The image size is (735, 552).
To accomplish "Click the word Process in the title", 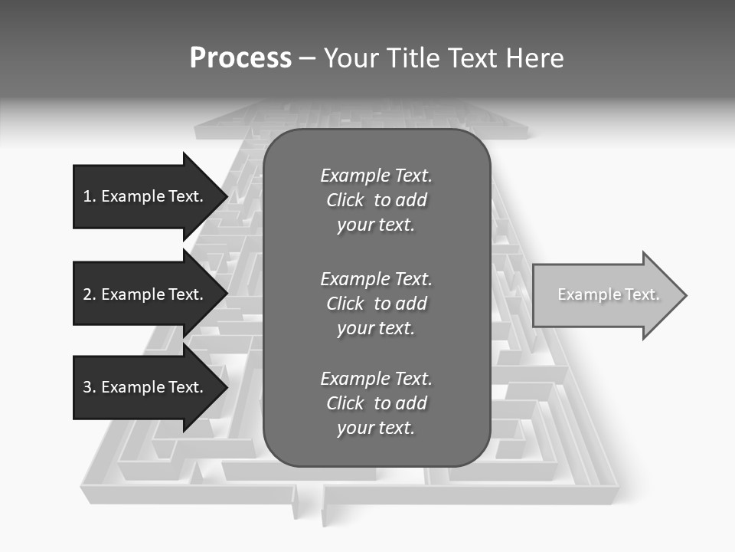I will pyautogui.click(x=240, y=58).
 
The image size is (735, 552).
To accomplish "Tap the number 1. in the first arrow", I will pyautogui.click(x=90, y=196).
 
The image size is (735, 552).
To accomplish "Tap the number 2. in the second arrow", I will pyautogui.click(x=90, y=294).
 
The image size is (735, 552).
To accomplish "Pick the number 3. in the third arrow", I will pyautogui.click(x=90, y=387).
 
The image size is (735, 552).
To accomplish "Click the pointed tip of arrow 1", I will pyautogui.click(x=227, y=196).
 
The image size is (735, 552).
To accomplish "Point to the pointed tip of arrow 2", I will pyautogui.click(x=227, y=294).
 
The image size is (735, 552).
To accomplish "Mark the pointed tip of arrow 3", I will pyautogui.click(x=227, y=387).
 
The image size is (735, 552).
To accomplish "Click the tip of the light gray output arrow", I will pyautogui.click(x=685, y=295).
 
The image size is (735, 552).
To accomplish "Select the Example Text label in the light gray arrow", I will pyautogui.click(x=608, y=294).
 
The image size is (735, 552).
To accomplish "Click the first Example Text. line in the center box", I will pyautogui.click(x=376, y=176).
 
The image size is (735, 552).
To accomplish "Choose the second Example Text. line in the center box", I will pyautogui.click(x=376, y=278).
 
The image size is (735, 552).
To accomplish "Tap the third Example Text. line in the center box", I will pyautogui.click(x=376, y=379).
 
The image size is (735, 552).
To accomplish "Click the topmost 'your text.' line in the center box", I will pyautogui.click(x=376, y=225).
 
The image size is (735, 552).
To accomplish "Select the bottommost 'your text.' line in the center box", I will pyautogui.click(x=376, y=428).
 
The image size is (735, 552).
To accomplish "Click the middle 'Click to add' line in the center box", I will pyautogui.click(x=376, y=304).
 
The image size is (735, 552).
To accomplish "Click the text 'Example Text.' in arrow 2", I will pyautogui.click(x=152, y=294).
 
